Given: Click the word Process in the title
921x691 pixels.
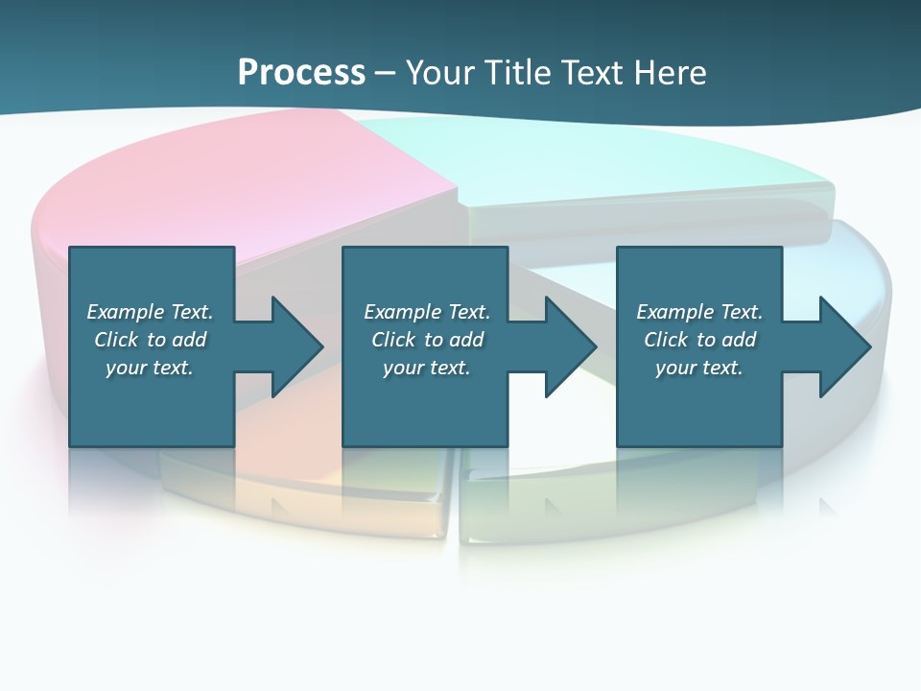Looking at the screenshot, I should click(301, 72).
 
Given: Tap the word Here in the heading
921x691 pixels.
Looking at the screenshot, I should click(669, 72).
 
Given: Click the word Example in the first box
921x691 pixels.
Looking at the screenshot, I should click(126, 312).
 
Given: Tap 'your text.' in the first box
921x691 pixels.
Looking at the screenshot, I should click(150, 368).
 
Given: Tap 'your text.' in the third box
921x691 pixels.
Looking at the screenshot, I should click(699, 368).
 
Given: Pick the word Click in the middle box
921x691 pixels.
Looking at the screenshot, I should click(391, 340).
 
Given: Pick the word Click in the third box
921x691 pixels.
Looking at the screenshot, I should click(664, 340).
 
